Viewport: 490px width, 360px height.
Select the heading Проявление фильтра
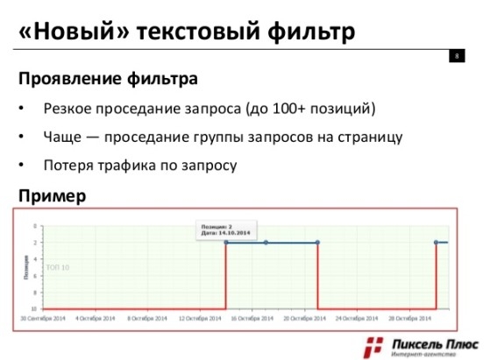tap(107, 79)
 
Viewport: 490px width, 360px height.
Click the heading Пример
tap(52, 195)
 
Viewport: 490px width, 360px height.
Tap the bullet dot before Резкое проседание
tap(23, 109)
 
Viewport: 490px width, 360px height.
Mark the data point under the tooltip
tap(226, 243)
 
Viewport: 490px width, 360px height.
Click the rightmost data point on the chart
tap(436, 243)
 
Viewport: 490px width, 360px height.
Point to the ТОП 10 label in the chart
tap(58, 267)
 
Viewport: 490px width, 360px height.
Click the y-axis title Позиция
tap(26, 267)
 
